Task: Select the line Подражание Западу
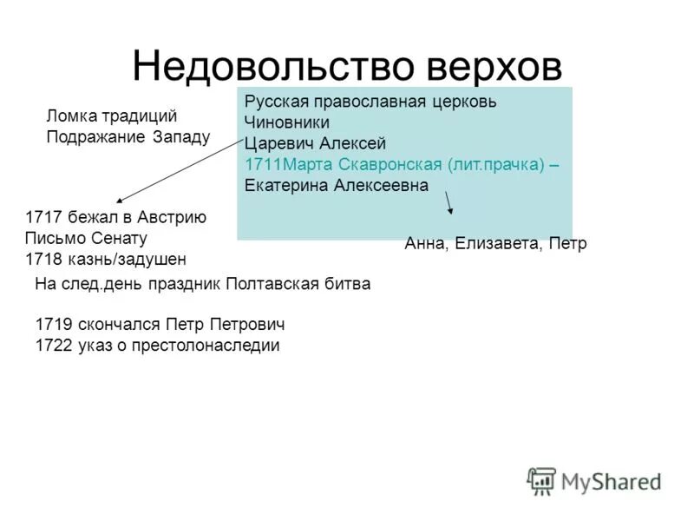[x=128, y=136]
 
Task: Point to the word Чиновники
[x=287, y=122]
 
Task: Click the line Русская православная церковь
[x=370, y=102]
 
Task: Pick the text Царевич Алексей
[x=314, y=143]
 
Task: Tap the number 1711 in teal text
[x=261, y=164]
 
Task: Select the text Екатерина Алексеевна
[x=337, y=185]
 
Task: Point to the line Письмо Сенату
[x=87, y=238]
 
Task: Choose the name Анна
[x=426, y=243]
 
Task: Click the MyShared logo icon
[x=542, y=480]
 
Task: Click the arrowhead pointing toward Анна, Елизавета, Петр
[x=450, y=211]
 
